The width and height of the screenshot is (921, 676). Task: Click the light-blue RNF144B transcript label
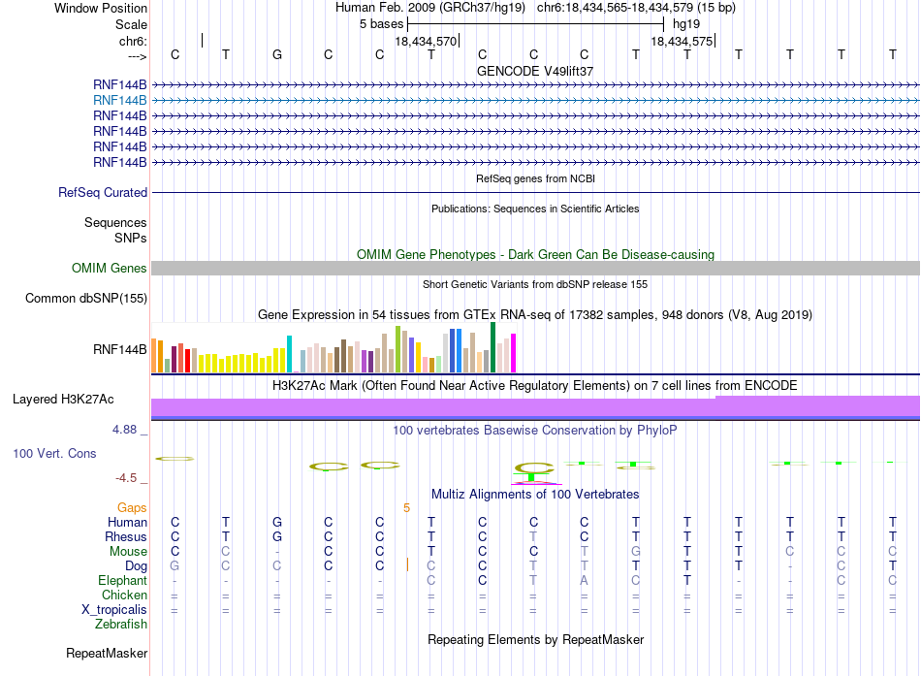[x=120, y=101]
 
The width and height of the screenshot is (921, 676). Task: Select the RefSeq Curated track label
[x=103, y=193]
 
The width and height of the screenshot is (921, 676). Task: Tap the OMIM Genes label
[x=110, y=269]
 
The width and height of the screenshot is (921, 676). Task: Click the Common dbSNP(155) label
[x=86, y=299]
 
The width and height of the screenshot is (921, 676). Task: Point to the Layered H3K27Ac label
[x=63, y=400]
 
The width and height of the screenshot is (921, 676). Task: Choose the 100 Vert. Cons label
[x=54, y=454]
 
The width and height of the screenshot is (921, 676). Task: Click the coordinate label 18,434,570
[x=426, y=41]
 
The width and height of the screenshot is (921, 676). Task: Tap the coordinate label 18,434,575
[x=682, y=41]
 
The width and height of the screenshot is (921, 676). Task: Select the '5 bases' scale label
[x=382, y=24]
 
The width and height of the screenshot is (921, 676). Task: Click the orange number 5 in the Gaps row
[x=406, y=508]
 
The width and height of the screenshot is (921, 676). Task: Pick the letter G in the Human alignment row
[x=277, y=522]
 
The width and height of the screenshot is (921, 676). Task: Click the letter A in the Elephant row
[x=584, y=581]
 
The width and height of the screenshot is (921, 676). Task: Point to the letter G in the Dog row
[x=175, y=566]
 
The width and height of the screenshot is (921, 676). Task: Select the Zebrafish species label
[x=121, y=625]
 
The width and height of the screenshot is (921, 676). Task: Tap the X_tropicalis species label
[x=114, y=610]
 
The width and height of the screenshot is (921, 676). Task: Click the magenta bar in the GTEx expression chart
[x=514, y=353]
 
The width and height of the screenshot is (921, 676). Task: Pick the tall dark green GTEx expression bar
[x=492, y=347]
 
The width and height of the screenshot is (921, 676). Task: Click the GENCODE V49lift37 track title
[x=535, y=71]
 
